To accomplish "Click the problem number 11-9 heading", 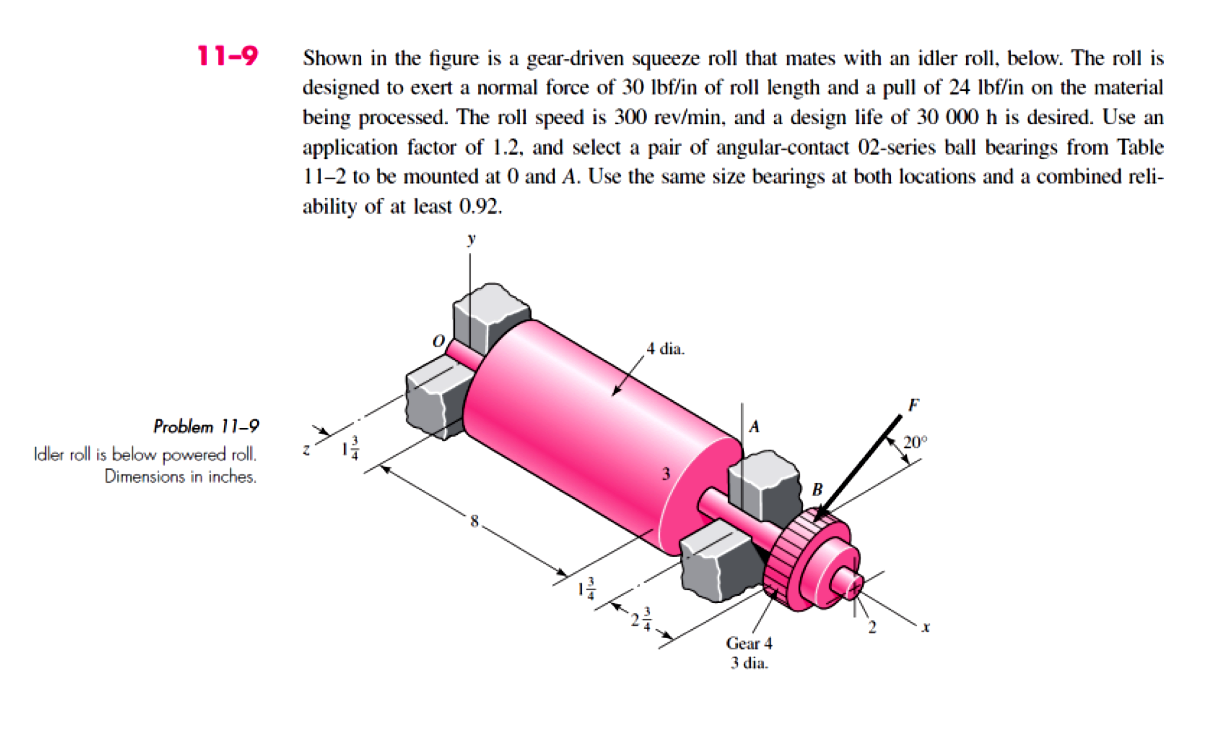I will click(227, 56).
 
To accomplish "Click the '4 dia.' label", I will click(665, 349).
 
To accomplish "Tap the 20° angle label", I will click(914, 442).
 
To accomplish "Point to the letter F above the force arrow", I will click(913, 405).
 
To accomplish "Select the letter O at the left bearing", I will click(438, 341).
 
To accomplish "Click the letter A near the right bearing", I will click(754, 427).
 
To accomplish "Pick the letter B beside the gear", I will click(817, 489).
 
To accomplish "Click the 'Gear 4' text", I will click(749, 643).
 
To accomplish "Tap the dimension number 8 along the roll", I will click(474, 521).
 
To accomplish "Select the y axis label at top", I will click(471, 238).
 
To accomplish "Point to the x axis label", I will click(926, 627).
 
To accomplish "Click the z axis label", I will click(306, 449).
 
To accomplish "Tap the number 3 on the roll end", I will click(666, 474).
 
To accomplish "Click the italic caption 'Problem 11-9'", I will click(206, 427).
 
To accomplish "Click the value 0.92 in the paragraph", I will click(480, 206).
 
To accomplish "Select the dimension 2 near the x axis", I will click(872, 628).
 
